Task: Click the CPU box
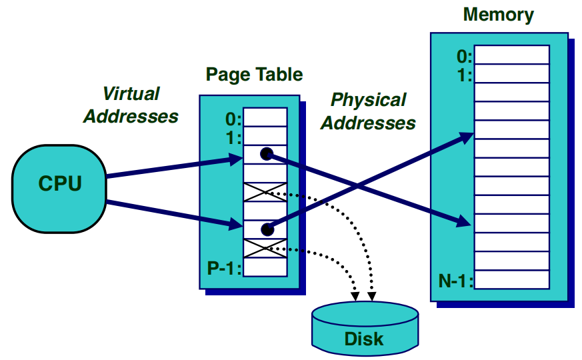[59, 184]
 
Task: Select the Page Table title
[254, 75]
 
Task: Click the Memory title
[498, 14]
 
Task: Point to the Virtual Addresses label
[131, 105]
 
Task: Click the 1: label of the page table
[234, 139]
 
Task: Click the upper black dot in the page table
[267, 155]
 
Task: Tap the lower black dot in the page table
[267, 230]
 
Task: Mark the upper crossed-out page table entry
[265, 193]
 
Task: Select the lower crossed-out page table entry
[265, 249]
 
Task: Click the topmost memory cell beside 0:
[511, 54]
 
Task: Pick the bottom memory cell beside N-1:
[511, 279]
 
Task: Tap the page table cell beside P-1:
[265, 267]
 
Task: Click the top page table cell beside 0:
[265, 118]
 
